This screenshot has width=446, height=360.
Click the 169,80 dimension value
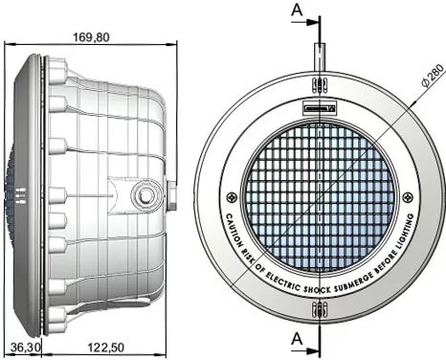click(x=91, y=37)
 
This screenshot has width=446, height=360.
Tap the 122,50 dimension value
click(x=106, y=348)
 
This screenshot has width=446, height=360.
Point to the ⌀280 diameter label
click(x=433, y=76)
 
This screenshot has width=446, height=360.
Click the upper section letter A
click(x=297, y=10)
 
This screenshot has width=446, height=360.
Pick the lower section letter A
click(x=297, y=339)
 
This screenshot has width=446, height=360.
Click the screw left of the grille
click(x=231, y=197)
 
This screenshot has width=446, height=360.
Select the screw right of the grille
click(x=408, y=197)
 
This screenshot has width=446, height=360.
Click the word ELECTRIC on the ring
click(x=282, y=281)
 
